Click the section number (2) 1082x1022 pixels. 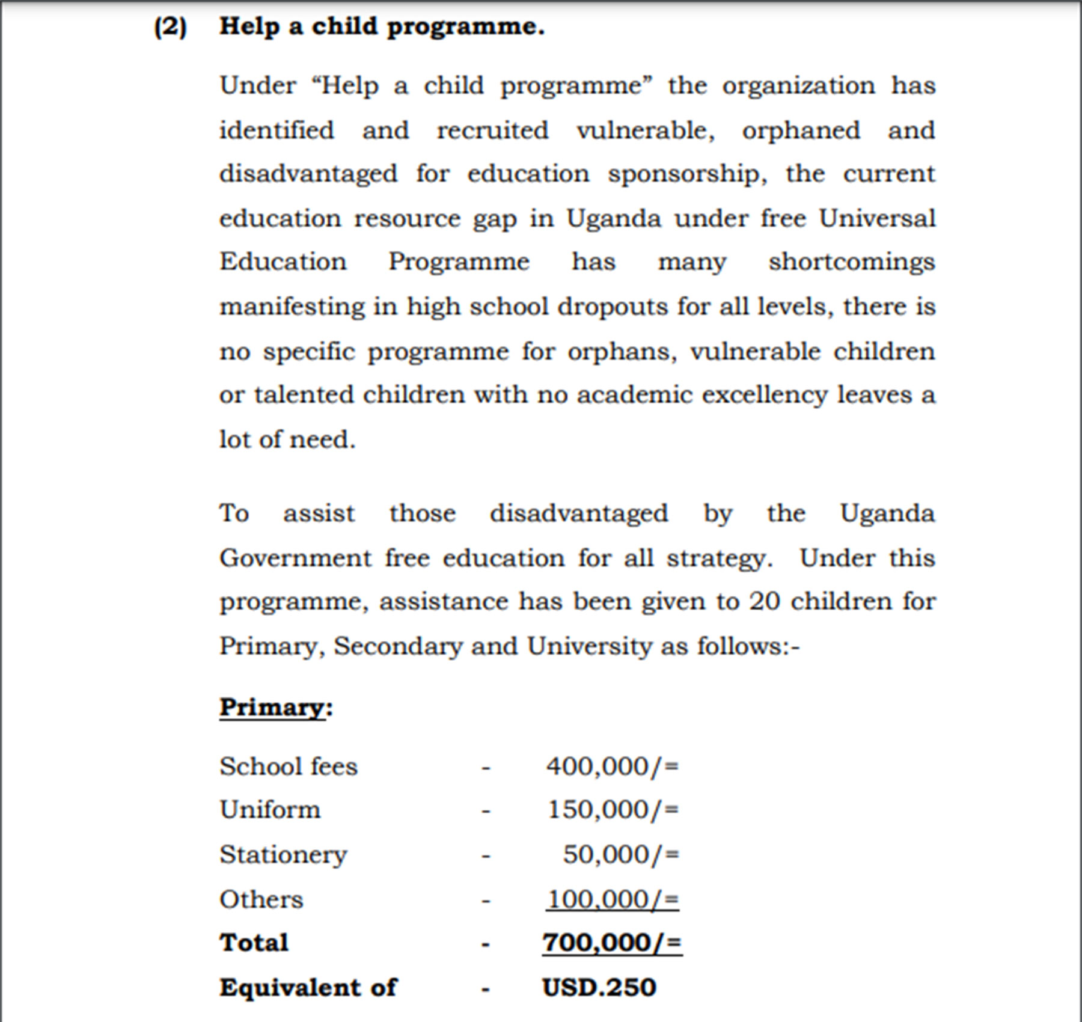click(x=170, y=28)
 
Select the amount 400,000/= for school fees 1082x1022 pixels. click(x=612, y=766)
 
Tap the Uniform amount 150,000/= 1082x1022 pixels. click(x=613, y=810)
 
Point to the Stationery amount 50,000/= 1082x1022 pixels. click(x=620, y=854)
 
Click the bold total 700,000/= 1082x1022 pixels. click(x=612, y=943)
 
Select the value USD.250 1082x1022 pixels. click(x=599, y=988)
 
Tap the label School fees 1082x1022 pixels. click(x=289, y=766)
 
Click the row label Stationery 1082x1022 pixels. click(x=283, y=855)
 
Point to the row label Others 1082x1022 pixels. click(x=261, y=899)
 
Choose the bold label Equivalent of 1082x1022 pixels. click(x=308, y=988)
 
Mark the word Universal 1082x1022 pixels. click(x=877, y=218)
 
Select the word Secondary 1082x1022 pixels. click(x=398, y=646)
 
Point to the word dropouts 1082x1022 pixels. click(x=612, y=307)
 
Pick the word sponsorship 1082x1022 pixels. click(x=686, y=174)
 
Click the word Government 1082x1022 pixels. click(x=295, y=558)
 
